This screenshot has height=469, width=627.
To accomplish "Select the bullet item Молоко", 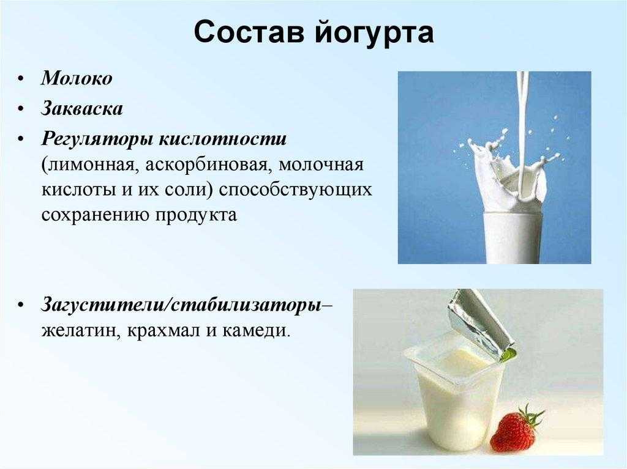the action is pyautogui.click(x=77, y=78).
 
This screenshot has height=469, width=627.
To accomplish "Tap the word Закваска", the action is pyautogui.click(x=81, y=108).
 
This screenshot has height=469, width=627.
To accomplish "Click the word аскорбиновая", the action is pyautogui.click(x=206, y=165).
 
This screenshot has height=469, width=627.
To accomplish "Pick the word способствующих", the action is pyautogui.click(x=296, y=191).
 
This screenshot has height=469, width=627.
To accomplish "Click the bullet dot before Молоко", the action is pyautogui.click(x=21, y=79).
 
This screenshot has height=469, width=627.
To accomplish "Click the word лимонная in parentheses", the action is pyautogui.click(x=91, y=165).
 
